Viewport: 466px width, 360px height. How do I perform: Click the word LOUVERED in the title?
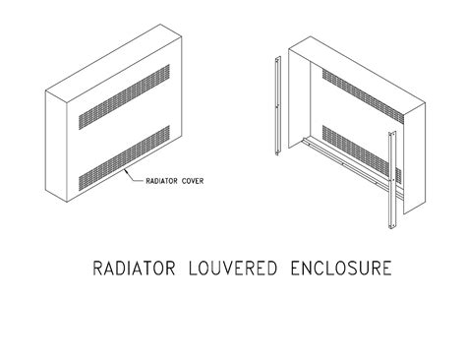click(x=232, y=269)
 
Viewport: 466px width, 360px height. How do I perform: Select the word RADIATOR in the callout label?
click(x=160, y=181)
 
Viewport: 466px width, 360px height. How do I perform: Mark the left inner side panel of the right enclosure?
click(x=301, y=108)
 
